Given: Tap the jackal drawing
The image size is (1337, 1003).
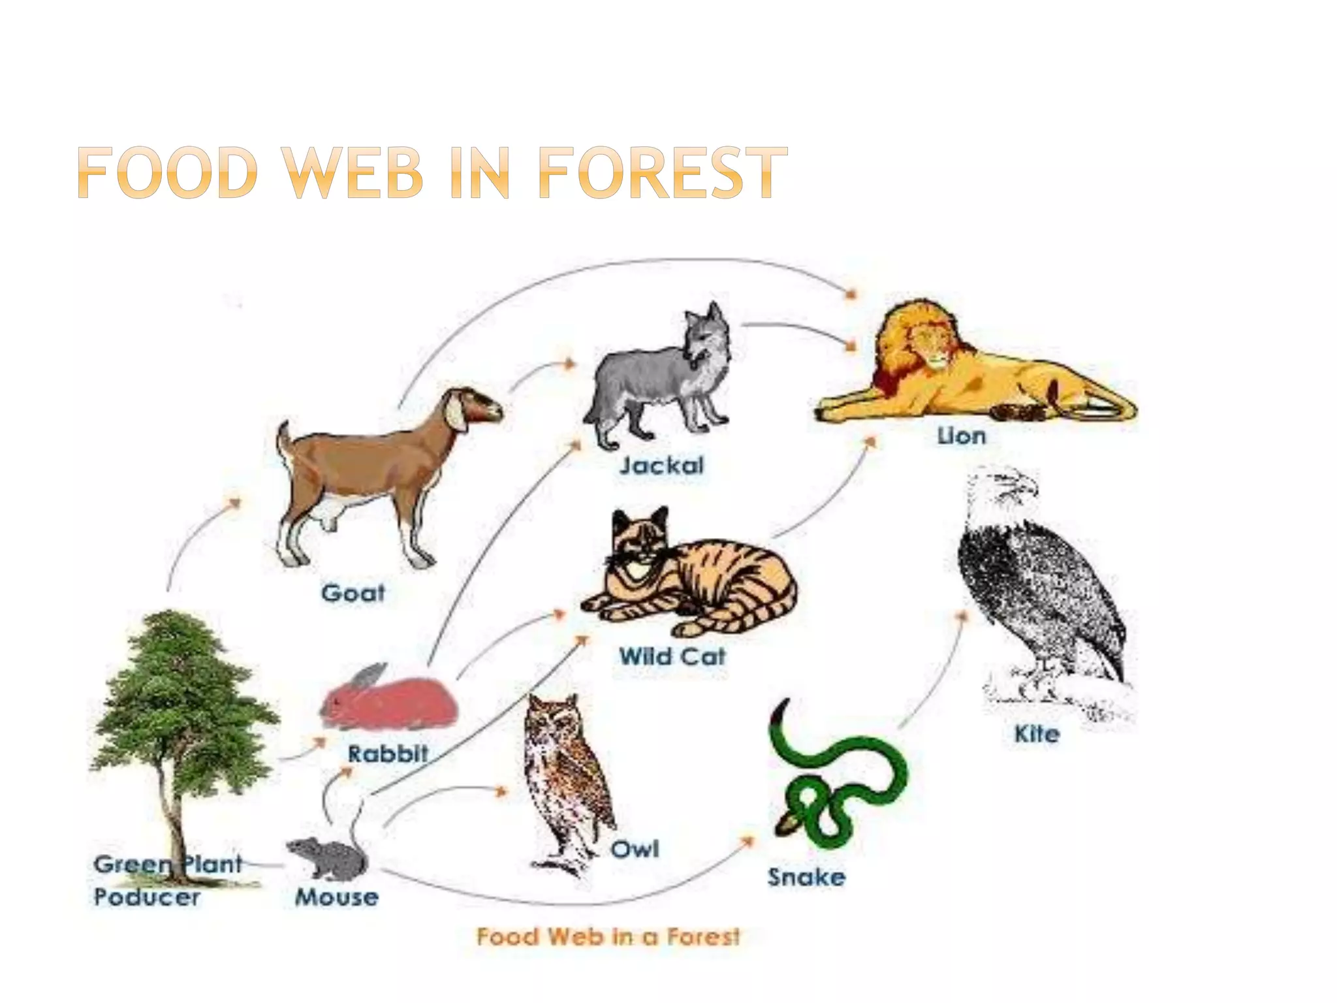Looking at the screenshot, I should [659, 385].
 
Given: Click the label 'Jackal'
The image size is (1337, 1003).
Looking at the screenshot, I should [662, 466].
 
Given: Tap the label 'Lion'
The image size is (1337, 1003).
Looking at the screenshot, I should [961, 436].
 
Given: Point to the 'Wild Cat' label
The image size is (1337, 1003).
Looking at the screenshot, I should [672, 656].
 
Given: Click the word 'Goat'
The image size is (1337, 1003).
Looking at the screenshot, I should [353, 593].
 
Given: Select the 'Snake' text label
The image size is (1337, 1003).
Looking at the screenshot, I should [806, 877].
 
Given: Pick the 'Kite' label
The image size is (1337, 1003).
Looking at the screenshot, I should [1037, 734].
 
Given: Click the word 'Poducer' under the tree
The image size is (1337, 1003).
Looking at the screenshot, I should [148, 897].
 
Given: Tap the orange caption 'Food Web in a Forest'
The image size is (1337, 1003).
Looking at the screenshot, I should [608, 936].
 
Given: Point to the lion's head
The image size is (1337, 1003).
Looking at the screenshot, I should [927, 340].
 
